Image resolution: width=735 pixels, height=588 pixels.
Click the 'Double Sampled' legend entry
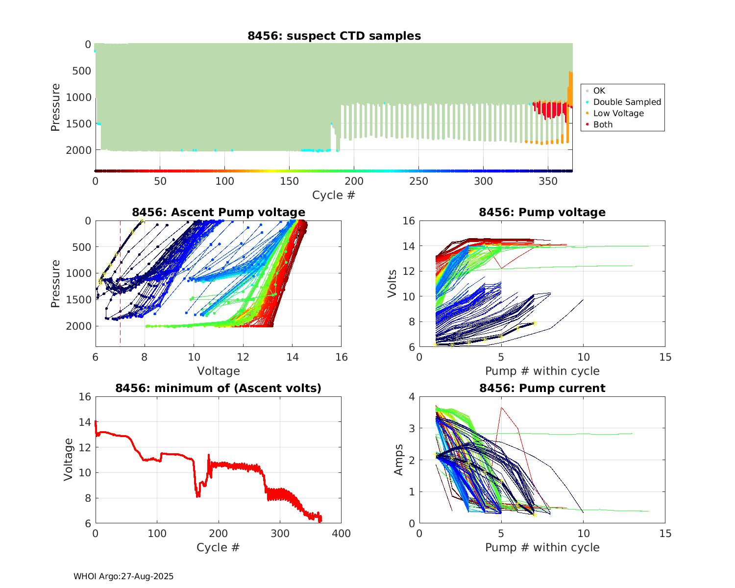click(627, 102)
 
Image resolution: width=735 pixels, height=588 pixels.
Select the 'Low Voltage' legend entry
click(618, 113)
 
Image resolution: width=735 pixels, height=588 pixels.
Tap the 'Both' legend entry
click(603, 124)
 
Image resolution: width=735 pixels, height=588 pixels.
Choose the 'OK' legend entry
click(599, 91)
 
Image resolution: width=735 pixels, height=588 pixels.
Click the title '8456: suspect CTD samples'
click(334, 36)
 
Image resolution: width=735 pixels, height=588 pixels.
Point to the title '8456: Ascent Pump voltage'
click(219, 212)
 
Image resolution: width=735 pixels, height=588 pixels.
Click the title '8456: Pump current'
click(542, 388)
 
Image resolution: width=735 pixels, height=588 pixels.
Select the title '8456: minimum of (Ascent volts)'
click(219, 388)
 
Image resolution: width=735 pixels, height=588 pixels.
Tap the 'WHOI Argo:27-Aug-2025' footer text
click(123, 576)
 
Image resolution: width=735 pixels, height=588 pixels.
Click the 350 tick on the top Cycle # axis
click(548, 181)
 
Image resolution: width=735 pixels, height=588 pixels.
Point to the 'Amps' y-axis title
click(399, 460)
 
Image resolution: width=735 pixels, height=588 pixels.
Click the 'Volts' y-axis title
click(392, 284)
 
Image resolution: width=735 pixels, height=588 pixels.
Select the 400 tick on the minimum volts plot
click(342, 534)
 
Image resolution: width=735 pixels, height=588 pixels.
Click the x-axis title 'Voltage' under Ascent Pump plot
click(219, 371)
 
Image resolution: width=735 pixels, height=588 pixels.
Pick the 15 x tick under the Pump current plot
click(665, 534)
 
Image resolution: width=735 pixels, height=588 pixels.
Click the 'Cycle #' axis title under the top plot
click(334, 195)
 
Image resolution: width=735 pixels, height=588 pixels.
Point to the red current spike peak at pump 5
click(501, 407)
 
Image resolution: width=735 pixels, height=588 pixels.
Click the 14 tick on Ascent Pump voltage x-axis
click(292, 357)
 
